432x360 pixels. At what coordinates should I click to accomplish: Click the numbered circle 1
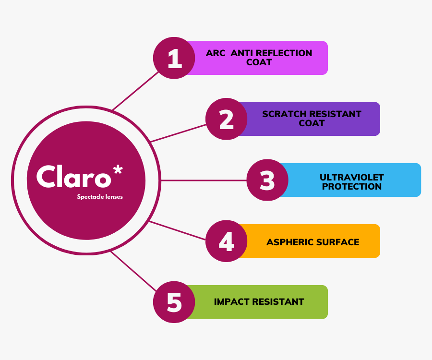[x=174, y=58]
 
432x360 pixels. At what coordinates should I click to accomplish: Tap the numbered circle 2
[x=226, y=119]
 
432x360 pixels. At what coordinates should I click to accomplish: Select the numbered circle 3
[x=267, y=180]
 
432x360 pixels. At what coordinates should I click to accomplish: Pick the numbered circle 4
[x=226, y=241]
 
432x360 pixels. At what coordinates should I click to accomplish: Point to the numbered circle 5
[x=174, y=302]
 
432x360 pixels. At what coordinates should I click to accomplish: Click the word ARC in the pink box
[x=216, y=53]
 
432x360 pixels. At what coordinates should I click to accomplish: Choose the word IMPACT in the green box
[x=231, y=302]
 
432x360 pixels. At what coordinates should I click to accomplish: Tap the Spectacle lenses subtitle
[x=100, y=197]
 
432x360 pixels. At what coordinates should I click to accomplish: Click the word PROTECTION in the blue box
[x=352, y=186]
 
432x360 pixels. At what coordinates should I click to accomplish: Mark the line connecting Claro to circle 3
[x=204, y=180]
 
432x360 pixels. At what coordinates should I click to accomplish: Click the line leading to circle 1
[x=135, y=91]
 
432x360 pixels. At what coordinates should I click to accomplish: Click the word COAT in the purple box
[x=312, y=123]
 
